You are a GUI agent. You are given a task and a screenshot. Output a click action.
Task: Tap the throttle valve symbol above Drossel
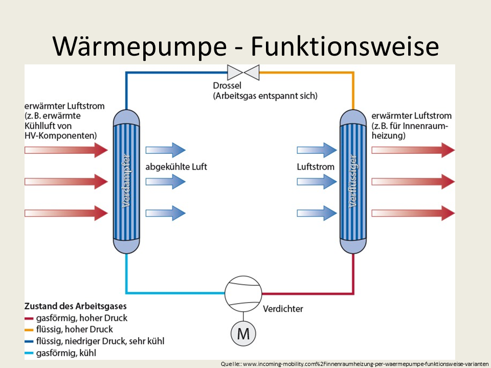[x=244, y=72]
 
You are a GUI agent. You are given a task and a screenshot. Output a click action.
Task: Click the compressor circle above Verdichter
[x=243, y=293]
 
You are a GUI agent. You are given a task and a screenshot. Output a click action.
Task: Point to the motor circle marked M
[x=243, y=334]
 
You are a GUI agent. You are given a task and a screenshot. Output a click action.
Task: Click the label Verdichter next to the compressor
[x=283, y=309]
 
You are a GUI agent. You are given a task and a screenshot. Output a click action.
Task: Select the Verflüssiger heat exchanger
[x=353, y=181]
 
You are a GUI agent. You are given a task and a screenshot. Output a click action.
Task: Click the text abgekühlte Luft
[x=176, y=167]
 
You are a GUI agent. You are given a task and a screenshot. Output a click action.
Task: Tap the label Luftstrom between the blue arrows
[x=316, y=167]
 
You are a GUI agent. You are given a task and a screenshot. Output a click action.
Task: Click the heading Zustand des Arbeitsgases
[x=75, y=306]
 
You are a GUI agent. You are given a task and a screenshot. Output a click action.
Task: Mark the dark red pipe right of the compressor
[x=307, y=293]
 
